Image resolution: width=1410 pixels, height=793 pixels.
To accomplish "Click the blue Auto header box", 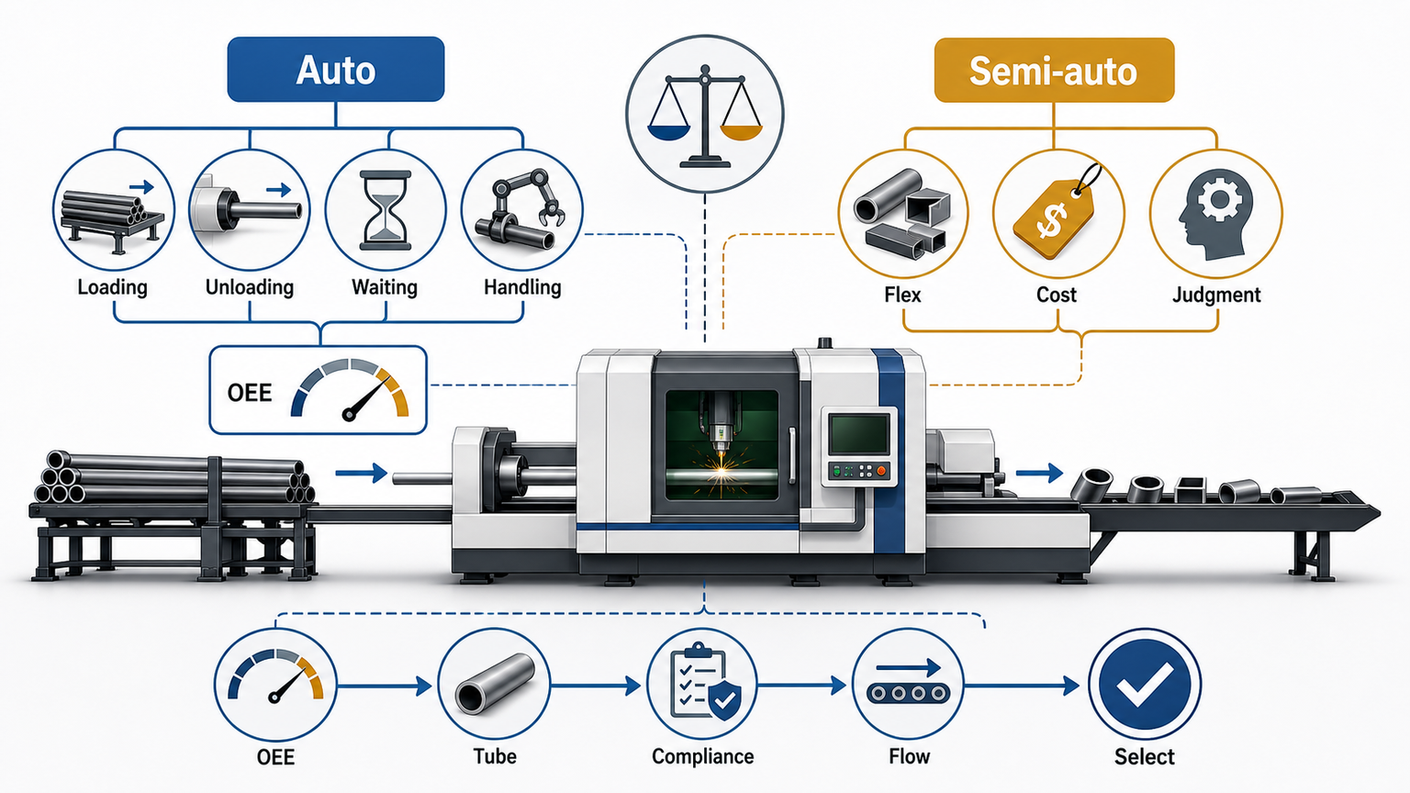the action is pyautogui.click(x=335, y=69).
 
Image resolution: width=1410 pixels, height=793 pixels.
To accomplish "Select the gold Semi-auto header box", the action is pyautogui.click(x=1055, y=70).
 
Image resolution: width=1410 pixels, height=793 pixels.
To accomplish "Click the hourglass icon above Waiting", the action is pyautogui.click(x=386, y=210).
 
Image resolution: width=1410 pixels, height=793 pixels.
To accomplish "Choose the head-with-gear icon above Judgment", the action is pyautogui.click(x=1213, y=214).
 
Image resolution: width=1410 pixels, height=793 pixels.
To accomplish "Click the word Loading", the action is pyautogui.click(x=113, y=287).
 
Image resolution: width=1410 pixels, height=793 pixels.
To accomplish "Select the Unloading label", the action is pyautogui.click(x=250, y=287).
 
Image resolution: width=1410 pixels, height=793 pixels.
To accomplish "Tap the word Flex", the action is pyautogui.click(x=902, y=295).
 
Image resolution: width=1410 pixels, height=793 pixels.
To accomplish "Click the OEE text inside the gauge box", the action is pyautogui.click(x=250, y=393).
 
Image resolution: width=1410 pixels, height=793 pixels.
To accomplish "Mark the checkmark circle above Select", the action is pyautogui.click(x=1145, y=685).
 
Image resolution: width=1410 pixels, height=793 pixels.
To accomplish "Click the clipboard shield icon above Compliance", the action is pyautogui.click(x=704, y=682).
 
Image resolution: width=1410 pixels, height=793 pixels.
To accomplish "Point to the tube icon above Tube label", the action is pyautogui.click(x=495, y=684).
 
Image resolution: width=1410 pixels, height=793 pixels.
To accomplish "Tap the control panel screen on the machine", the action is pyautogui.click(x=860, y=434).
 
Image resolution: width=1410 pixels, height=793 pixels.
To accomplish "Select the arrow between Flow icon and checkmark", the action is pyautogui.click(x=1022, y=686).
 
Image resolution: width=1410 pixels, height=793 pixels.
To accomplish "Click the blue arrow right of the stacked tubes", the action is pyautogui.click(x=362, y=473).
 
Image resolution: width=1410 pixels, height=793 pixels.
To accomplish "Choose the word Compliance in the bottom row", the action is pyautogui.click(x=702, y=756).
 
